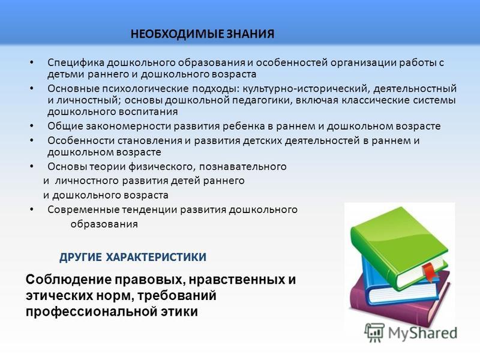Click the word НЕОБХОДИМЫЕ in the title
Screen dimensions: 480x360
[177, 34]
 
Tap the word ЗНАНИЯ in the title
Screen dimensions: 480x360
[250, 34]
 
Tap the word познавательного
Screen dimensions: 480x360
[243, 167]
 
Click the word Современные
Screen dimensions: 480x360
[83, 210]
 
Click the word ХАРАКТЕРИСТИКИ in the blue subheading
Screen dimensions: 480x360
[156, 257]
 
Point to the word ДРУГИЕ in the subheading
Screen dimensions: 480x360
[80, 257]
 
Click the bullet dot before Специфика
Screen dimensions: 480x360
[32, 63]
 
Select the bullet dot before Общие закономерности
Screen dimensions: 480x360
[32, 126]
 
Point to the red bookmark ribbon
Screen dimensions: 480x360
[429, 272]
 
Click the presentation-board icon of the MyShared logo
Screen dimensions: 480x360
[374, 332]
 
